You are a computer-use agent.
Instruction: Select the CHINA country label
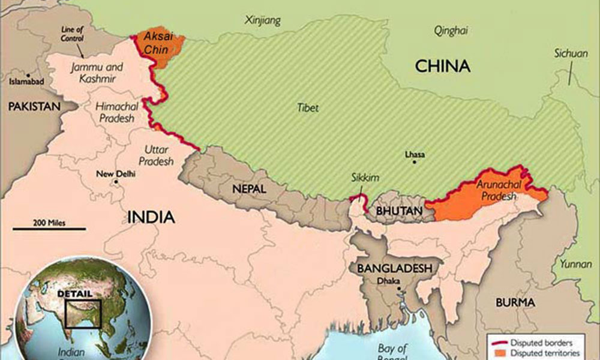pos(443,66)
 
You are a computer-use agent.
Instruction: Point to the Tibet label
pos(307,108)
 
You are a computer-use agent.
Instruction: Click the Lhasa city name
pos(415,155)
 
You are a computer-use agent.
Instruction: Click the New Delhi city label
pos(116,175)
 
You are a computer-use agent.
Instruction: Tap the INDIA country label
pos(151,217)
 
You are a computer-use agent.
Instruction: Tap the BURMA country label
pos(515,303)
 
